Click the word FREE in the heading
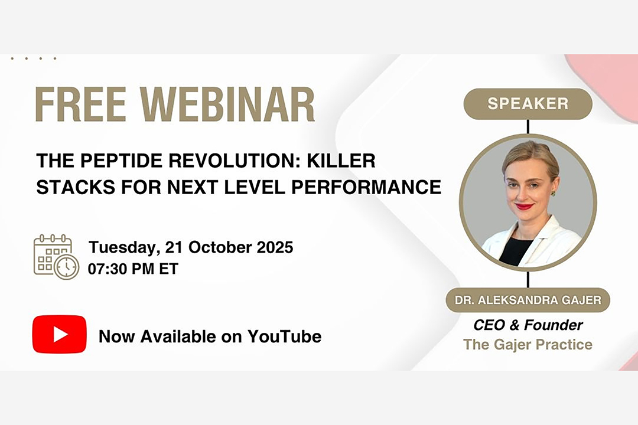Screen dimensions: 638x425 click(x=80, y=104)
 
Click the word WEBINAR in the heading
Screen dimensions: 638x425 click(x=227, y=104)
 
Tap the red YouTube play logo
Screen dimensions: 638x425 click(x=60, y=334)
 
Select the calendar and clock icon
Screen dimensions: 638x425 click(x=56, y=257)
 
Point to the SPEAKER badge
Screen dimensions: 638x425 click(x=528, y=104)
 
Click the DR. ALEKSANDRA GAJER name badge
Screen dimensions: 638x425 click(x=528, y=300)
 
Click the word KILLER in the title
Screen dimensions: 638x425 click(x=341, y=161)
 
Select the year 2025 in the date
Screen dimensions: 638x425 click(x=275, y=247)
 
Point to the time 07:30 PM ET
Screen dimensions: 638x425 click(x=133, y=269)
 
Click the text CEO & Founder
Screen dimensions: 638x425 click(x=528, y=325)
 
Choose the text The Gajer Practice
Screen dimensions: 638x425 click(x=528, y=345)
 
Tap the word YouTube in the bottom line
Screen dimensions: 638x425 click(x=284, y=336)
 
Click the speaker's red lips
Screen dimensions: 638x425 click(x=525, y=206)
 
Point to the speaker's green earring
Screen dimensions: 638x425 click(x=553, y=193)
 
